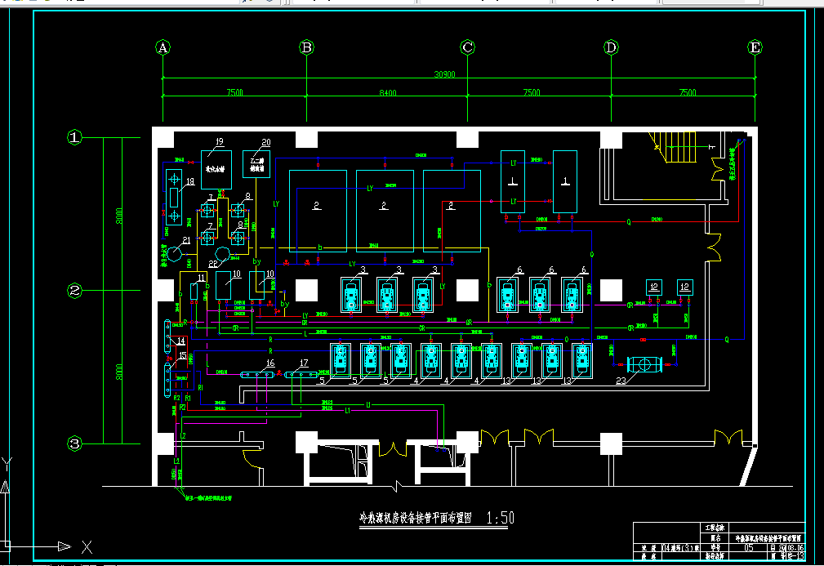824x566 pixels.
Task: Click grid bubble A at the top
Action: click(163, 47)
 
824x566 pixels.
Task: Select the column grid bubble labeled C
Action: click(468, 47)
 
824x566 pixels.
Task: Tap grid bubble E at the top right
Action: click(755, 47)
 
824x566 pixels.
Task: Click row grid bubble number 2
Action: click(75, 290)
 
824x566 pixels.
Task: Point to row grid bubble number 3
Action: click(75, 443)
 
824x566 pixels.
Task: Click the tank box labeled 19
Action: click(216, 167)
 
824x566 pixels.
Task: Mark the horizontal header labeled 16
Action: click(258, 374)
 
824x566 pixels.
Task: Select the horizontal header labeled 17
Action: click(300, 374)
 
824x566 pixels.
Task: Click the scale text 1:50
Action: click(500, 518)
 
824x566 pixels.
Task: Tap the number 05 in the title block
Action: click(749, 549)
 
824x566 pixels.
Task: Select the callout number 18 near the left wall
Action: click(189, 181)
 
